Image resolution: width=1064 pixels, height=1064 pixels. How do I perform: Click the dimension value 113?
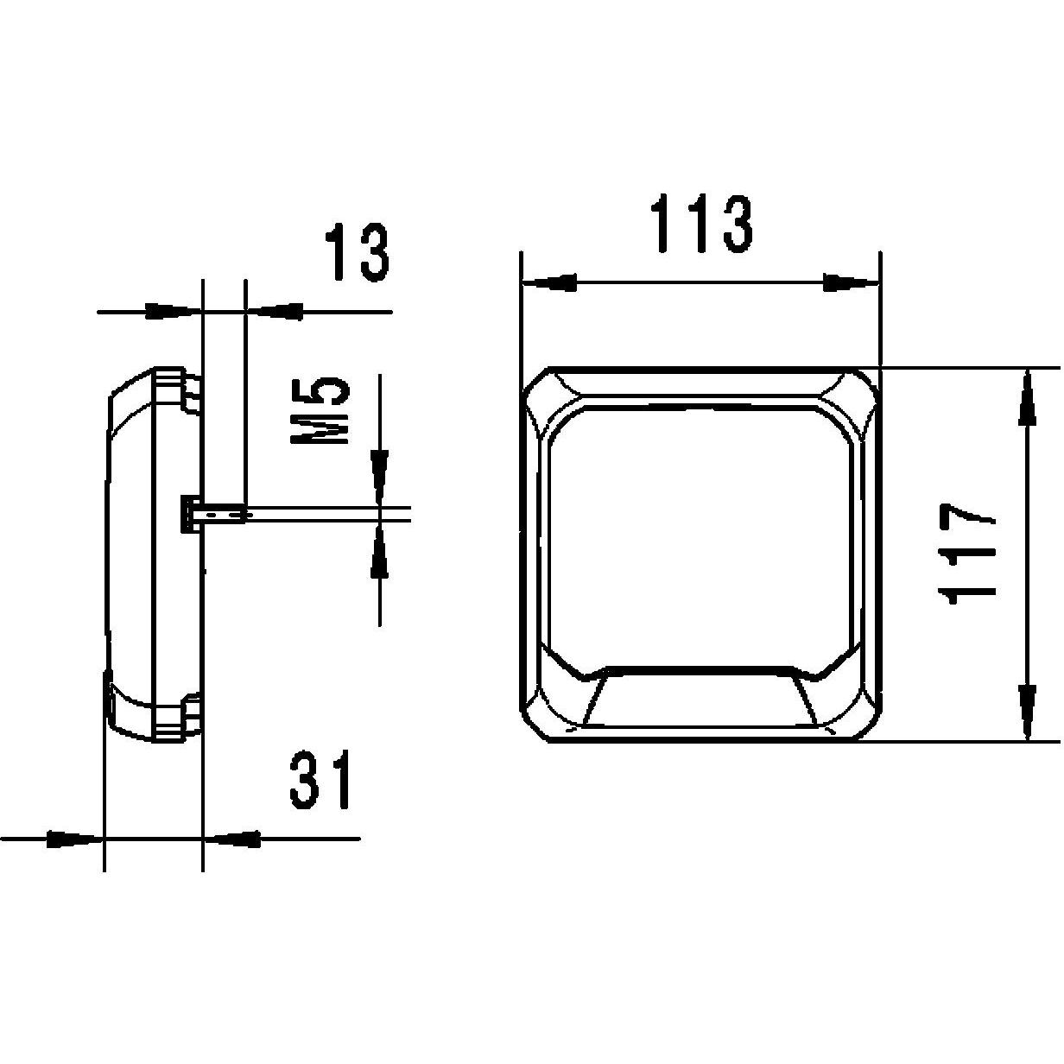(x=701, y=224)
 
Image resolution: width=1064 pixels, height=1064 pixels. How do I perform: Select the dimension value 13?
(x=357, y=253)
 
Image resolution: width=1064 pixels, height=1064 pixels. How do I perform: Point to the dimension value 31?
(x=321, y=781)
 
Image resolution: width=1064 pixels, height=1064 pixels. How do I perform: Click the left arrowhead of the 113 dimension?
(x=549, y=282)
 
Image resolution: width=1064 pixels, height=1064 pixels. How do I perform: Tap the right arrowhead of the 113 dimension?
(x=851, y=282)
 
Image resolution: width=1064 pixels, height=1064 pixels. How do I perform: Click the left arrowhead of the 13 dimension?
(x=171, y=311)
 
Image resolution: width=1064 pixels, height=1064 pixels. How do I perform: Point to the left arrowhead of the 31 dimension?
(x=73, y=838)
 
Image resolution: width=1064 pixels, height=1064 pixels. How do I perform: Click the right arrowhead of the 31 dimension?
(x=233, y=838)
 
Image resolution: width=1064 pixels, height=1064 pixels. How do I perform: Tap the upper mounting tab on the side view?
(x=190, y=390)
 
